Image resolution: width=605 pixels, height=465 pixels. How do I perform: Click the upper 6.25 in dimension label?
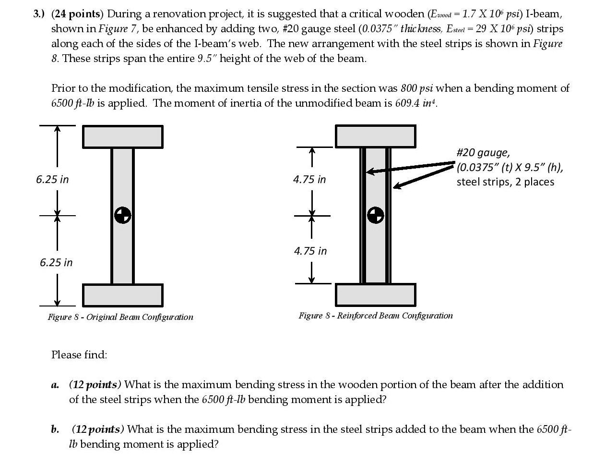coord(52,179)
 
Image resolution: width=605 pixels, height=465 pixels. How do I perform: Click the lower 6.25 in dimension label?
coord(56,262)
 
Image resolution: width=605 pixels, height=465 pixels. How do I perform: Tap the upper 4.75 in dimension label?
coord(309,179)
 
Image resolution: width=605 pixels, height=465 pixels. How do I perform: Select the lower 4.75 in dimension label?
coord(310,251)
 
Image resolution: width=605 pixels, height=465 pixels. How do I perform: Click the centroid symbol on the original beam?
coord(123,215)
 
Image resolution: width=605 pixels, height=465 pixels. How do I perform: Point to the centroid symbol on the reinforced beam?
coord(376,215)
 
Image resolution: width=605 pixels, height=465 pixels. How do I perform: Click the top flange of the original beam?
coord(123,137)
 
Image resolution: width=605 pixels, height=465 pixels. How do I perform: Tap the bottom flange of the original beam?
coord(123,295)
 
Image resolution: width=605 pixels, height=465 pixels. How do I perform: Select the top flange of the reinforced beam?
coord(375,136)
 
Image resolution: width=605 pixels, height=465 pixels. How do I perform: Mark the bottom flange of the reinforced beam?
coord(375,294)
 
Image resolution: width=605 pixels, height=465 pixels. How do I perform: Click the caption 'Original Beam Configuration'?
coord(140,317)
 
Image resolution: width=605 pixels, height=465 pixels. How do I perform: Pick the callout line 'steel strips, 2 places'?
coord(505,182)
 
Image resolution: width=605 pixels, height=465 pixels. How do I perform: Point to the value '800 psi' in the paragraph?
coord(417,88)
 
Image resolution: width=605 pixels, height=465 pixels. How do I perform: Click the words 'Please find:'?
coord(79,355)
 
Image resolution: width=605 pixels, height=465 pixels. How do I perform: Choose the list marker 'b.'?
coord(55,429)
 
